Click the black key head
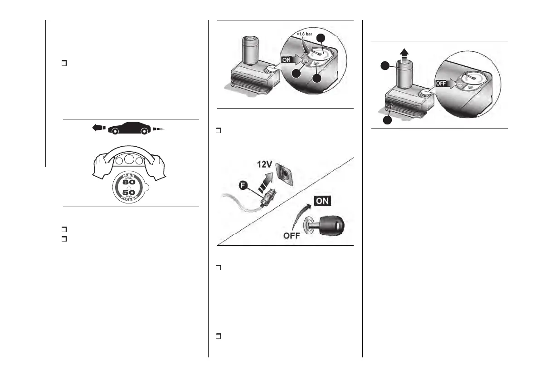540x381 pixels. pyautogui.click(x=331, y=224)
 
